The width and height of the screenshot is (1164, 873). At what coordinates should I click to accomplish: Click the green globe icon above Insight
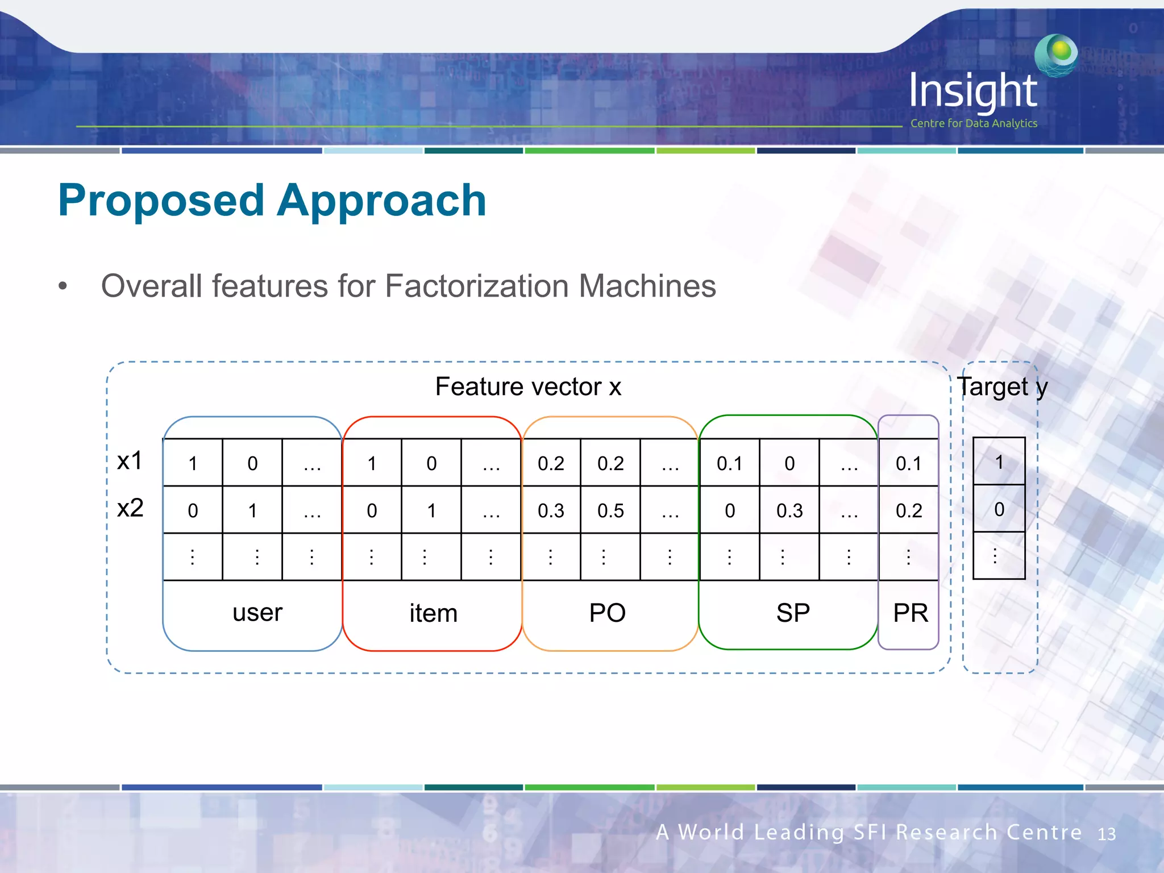click(1057, 55)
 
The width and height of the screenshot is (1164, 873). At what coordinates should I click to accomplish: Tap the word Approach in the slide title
click(381, 201)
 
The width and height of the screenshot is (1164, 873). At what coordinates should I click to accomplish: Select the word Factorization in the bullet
click(477, 286)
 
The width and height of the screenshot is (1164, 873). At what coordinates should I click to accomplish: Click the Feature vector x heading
click(528, 387)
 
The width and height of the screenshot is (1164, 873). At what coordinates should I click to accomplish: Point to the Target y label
click(1002, 388)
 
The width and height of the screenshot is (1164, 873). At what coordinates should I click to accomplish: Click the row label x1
click(130, 461)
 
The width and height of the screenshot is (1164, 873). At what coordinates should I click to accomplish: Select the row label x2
click(130, 508)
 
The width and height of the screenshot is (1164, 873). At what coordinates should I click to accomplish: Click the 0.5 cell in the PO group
click(610, 510)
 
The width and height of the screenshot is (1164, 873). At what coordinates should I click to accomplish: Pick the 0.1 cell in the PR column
click(908, 463)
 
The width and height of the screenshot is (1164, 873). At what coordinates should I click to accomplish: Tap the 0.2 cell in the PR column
click(908, 510)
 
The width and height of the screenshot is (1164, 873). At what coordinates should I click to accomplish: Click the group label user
click(257, 613)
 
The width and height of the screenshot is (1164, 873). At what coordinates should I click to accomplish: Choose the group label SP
click(793, 613)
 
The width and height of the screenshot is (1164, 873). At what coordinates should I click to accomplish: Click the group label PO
click(607, 613)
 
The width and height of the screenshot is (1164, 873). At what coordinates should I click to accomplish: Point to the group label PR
click(910, 613)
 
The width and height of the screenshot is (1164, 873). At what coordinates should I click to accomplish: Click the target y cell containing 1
click(999, 462)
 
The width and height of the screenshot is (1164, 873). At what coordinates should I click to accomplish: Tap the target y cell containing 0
click(999, 509)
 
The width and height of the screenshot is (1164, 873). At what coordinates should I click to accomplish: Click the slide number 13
click(1106, 834)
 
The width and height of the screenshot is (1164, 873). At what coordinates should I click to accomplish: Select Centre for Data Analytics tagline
click(974, 123)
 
